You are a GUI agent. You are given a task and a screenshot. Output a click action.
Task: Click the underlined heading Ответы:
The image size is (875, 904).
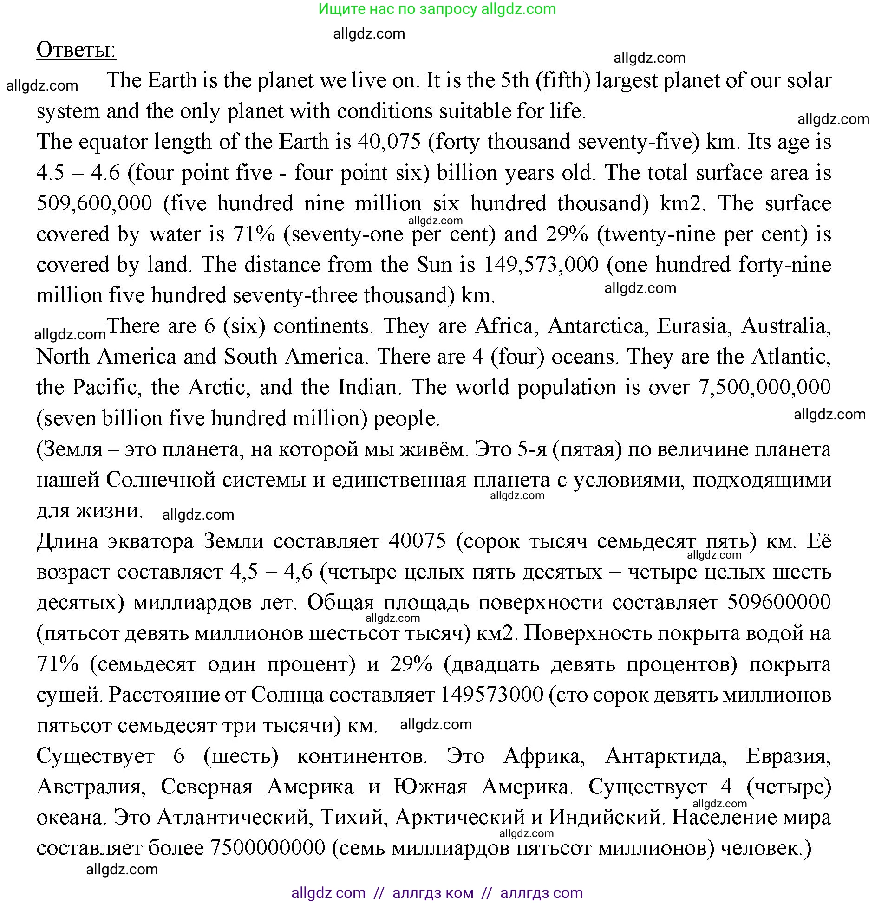coord(76,50)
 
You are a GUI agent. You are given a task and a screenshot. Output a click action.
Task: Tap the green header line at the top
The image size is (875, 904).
coord(437,9)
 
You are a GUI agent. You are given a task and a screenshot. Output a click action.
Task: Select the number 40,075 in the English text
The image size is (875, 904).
coord(389,142)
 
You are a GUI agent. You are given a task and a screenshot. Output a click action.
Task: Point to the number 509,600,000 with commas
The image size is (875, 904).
coord(94,204)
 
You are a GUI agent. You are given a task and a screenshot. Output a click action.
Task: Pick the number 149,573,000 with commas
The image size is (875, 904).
coord(541,265)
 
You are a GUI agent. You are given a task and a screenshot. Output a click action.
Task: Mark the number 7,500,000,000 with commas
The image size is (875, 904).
coord(764,387)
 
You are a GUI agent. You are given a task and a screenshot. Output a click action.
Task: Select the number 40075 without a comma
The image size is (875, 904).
coord(417,541)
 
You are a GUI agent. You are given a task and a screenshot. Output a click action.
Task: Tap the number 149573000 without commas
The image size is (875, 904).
coord(491,695)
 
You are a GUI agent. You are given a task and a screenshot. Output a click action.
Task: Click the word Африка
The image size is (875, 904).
coord(544,756)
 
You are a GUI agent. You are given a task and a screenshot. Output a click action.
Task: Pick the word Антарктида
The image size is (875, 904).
coord(666,756)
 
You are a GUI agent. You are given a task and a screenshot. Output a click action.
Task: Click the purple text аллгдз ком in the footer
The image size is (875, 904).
coord(433,892)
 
